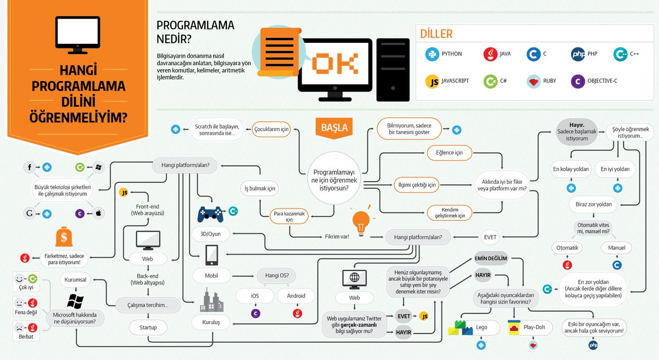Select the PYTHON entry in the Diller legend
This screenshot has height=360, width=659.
[x=444, y=54]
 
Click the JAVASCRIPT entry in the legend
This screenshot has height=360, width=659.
[x=448, y=81]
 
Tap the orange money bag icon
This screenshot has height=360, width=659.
[x=64, y=238]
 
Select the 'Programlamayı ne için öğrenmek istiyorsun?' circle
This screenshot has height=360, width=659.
[x=333, y=176]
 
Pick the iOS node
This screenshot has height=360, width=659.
[x=255, y=295]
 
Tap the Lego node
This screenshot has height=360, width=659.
[x=481, y=328]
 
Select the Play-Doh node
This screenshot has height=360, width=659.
[x=532, y=328]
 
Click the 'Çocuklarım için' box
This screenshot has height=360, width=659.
[x=271, y=130]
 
